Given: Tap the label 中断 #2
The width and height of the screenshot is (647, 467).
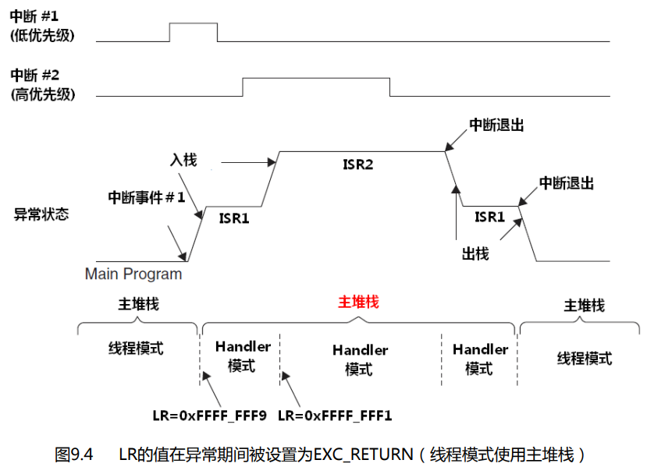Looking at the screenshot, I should pos(35,76).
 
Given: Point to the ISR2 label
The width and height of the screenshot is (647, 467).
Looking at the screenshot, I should pos(357,165).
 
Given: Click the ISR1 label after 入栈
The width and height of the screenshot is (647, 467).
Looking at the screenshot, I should pos(234,218).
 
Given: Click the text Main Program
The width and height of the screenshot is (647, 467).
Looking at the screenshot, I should pos(133,274).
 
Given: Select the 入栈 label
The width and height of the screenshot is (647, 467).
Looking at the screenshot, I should pos(183,160).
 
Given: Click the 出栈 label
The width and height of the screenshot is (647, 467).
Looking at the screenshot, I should pos(475,254).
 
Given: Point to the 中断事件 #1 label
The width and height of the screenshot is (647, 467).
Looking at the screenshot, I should pos(147,197).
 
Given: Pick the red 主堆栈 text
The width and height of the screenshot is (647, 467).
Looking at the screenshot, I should pos(358,302).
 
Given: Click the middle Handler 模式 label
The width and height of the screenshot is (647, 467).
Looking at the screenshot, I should pos(360,359).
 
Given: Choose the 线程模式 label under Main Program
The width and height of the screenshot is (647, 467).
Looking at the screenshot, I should pos(136,348).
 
